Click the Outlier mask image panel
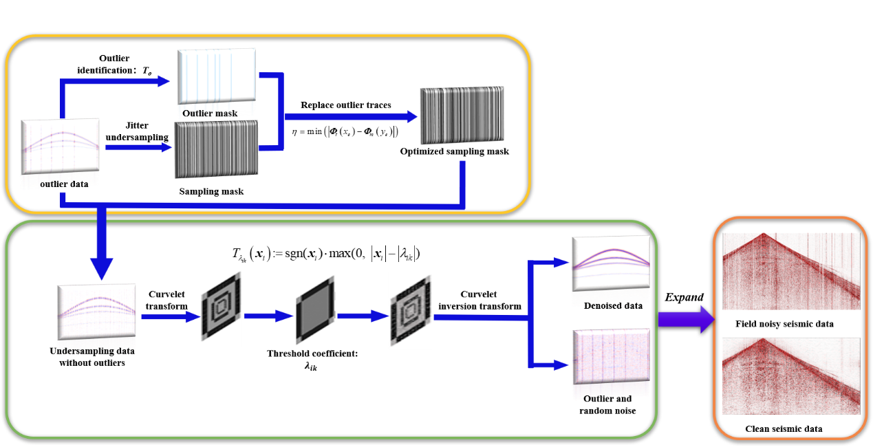pyautogui.click(x=216, y=77)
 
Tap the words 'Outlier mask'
pyautogui.click(x=210, y=113)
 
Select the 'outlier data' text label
pyautogui.click(x=64, y=184)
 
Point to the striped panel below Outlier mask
pyautogui.click(x=216, y=149)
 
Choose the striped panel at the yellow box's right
pyautogui.click(x=462, y=116)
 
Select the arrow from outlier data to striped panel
pyautogui.click(x=138, y=147)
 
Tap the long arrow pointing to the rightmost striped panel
pyautogui.click(x=351, y=116)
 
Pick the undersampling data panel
pyautogui.click(x=96, y=312)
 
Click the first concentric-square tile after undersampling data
pyautogui.click(x=221, y=309)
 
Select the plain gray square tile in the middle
pyautogui.click(x=316, y=308)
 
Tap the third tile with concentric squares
pyautogui.click(x=409, y=311)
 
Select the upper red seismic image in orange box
pyautogui.click(x=790, y=271)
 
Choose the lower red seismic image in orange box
pyautogui.click(x=790, y=376)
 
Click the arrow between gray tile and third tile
pyautogui.click(x=361, y=316)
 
